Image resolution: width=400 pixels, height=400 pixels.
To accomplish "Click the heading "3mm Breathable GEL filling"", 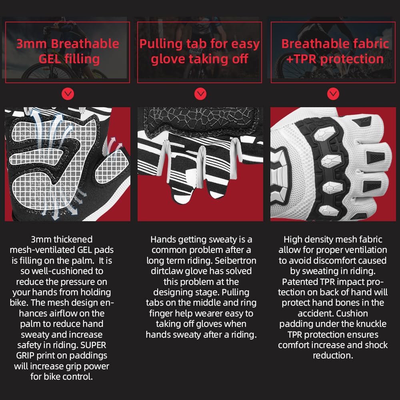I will [x=68, y=51].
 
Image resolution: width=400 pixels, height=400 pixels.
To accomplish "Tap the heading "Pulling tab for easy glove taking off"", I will [x=200, y=51].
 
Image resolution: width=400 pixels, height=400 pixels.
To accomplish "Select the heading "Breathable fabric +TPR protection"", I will [x=335, y=51].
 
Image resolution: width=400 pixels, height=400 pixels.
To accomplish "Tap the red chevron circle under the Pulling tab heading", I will [x=200, y=94].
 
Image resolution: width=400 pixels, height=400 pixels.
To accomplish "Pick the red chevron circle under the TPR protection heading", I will [x=333, y=94].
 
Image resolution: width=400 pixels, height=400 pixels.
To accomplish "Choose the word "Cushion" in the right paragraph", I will [x=352, y=313].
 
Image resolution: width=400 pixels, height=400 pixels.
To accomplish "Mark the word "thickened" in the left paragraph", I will [x=72, y=240].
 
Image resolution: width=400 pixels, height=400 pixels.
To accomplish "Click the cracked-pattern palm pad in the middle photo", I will [x=200, y=120].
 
